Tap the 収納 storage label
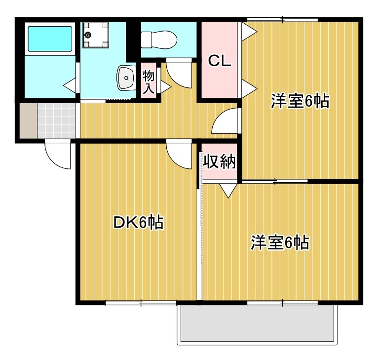(x=220, y=161)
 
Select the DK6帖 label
(x=138, y=223)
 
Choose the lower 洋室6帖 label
(x=280, y=243)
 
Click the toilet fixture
(x=158, y=38)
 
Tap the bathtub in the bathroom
(x=50, y=39)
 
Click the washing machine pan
(x=96, y=36)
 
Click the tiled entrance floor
(x=57, y=120)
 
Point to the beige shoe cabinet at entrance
(x=29, y=120)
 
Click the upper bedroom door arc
(x=226, y=122)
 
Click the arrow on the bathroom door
(x=70, y=84)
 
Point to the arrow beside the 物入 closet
(x=164, y=87)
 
